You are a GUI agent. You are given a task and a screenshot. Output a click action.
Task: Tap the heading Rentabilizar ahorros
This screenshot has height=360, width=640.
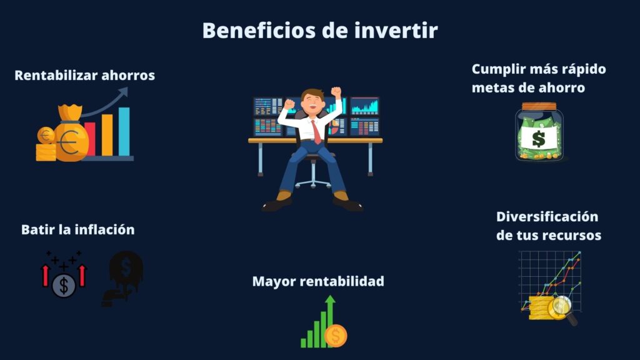pyautogui.click(x=85, y=76)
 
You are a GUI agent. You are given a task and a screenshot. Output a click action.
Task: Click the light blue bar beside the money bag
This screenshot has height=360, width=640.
pyautogui.click(x=124, y=131)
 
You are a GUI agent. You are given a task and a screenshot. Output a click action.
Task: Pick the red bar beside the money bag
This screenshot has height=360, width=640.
pyautogui.click(x=91, y=139)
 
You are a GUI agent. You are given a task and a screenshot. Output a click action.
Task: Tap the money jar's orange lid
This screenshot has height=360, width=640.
pyautogui.click(x=539, y=106)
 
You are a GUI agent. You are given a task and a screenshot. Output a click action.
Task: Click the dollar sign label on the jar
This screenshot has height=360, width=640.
pyautogui.click(x=538, y=138)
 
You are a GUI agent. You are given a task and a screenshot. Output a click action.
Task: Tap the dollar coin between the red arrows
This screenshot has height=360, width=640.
pyautogui.click(x=64, y=285)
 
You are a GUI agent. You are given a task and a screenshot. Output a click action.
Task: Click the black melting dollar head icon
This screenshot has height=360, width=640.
pyautogui.click(x=123, y=277)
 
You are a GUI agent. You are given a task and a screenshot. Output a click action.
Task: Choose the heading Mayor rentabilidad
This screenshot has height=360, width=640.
pyautogui.click(x=318, y=282)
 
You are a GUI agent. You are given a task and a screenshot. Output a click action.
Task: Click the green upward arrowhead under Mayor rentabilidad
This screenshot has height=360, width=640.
pyautogui.click(x=330, y=300)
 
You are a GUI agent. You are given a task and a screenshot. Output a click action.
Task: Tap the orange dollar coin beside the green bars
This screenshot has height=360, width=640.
pyautogui.click(x=336, y=336)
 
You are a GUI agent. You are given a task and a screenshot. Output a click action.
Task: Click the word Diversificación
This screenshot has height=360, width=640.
pyautogui.click(x=547, y=216)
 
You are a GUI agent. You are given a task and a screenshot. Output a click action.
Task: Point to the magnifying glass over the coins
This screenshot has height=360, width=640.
pyautogui.click(x=564, y=309)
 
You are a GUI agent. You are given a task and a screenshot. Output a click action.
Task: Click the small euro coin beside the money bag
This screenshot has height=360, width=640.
pyautogui.click(x=46, y=135)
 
